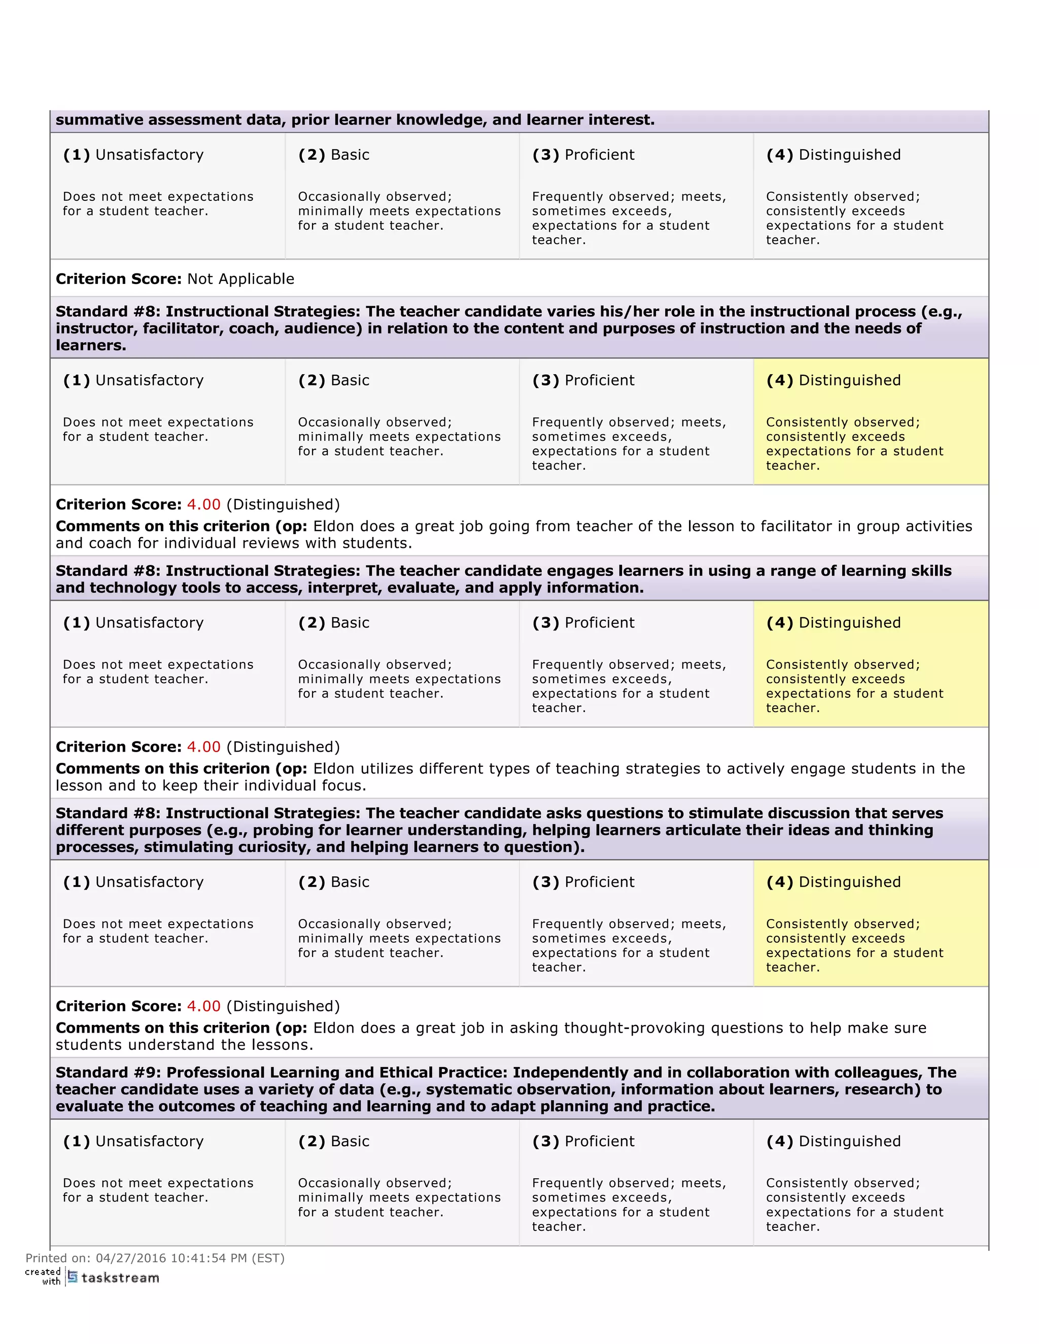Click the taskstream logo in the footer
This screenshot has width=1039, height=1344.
tap(113, 1278)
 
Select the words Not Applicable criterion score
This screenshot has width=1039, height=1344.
tap(240, 279)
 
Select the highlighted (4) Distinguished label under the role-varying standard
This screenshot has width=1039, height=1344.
tap(833, 380)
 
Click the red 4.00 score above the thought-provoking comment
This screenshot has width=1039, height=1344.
tap(203, 1006)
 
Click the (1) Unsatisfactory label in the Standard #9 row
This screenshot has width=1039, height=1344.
tap(133, 1141)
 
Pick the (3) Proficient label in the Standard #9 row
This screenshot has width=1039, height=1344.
tap(583, 1141)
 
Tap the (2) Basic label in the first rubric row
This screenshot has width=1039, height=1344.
tap(334, 155)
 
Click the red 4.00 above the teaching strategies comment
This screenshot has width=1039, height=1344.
tap(203, 747)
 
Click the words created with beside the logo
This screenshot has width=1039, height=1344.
tap(43, 1277)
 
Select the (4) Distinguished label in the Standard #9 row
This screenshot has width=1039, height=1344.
tap(833, 1141)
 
